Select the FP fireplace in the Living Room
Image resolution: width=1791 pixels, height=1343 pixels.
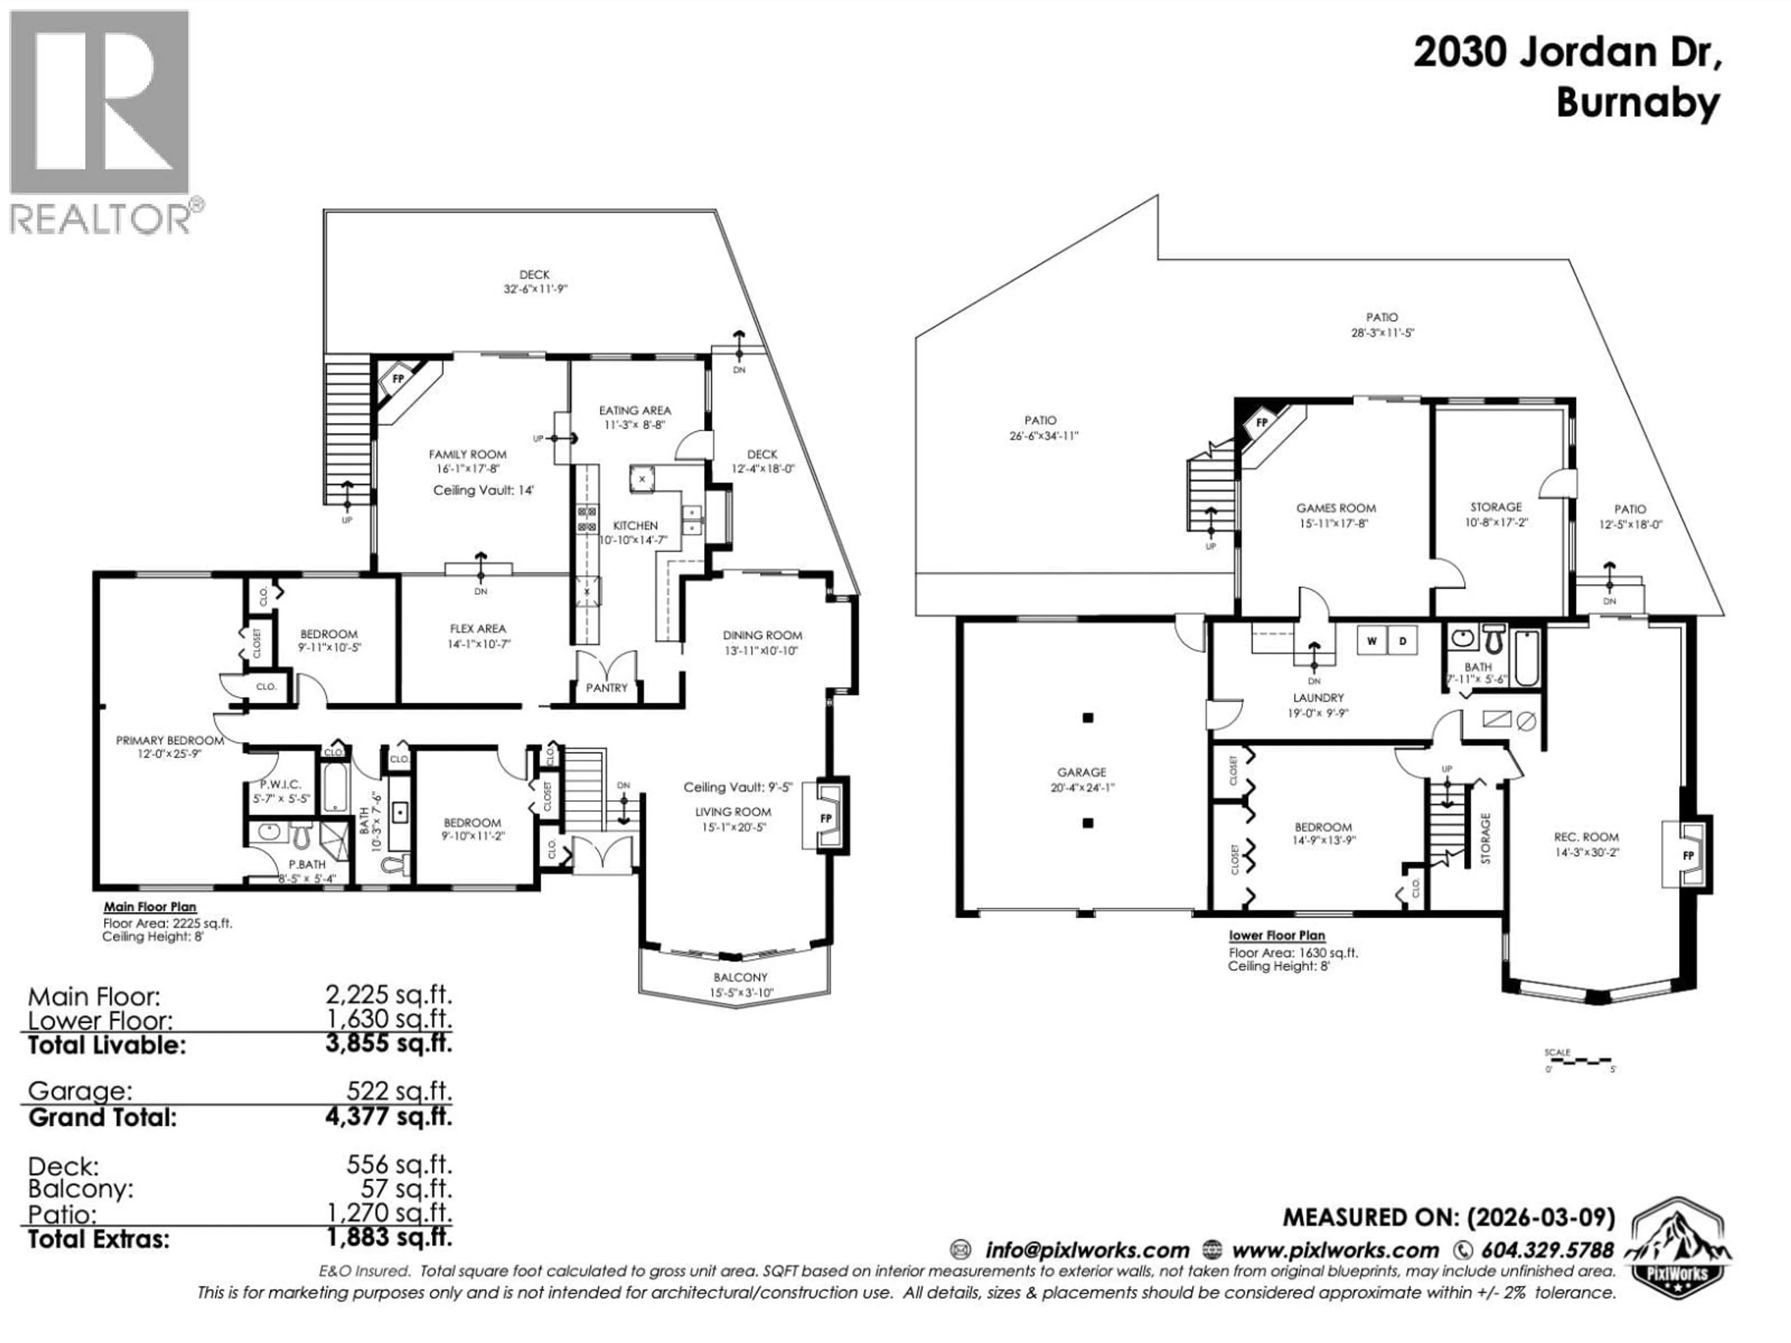point(826,818)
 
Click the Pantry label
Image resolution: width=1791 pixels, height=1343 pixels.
point(606,687)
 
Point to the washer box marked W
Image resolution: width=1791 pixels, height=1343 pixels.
point(1372,641)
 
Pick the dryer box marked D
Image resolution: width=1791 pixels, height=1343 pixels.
point(1402,641)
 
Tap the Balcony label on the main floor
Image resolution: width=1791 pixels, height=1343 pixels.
point(740,977)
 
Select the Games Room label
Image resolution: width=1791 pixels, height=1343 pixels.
point(1336,508)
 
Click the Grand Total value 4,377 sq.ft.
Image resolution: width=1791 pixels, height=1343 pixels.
point(389,1118)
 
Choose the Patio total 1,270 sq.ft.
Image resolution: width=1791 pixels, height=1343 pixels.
point(389,1213)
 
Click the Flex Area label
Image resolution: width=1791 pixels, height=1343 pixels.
point(478,628)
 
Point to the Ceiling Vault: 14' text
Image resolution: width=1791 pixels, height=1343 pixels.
point(483,491)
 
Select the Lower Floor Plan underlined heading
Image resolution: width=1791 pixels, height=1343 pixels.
point(1277,935)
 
